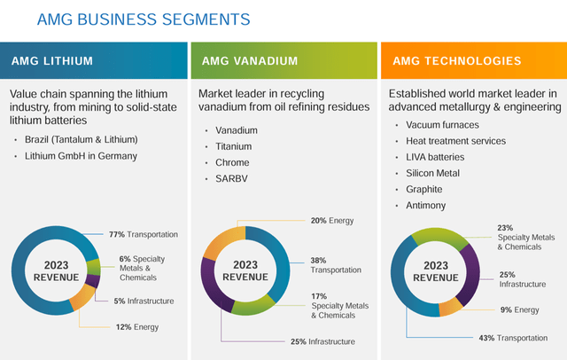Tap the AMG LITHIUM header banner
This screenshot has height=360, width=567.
point(93,61)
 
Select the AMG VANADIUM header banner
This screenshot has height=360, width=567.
point(282,61)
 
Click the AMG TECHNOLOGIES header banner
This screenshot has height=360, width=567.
point(471,61)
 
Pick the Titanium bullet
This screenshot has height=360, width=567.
point(234,146)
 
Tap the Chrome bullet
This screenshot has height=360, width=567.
point(232,163)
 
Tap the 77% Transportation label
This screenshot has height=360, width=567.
point(143,234)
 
